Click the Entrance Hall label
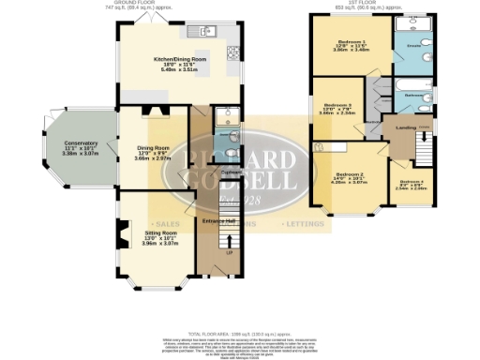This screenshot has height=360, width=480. coord(217,220)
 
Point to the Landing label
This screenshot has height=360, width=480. coord(405,128)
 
